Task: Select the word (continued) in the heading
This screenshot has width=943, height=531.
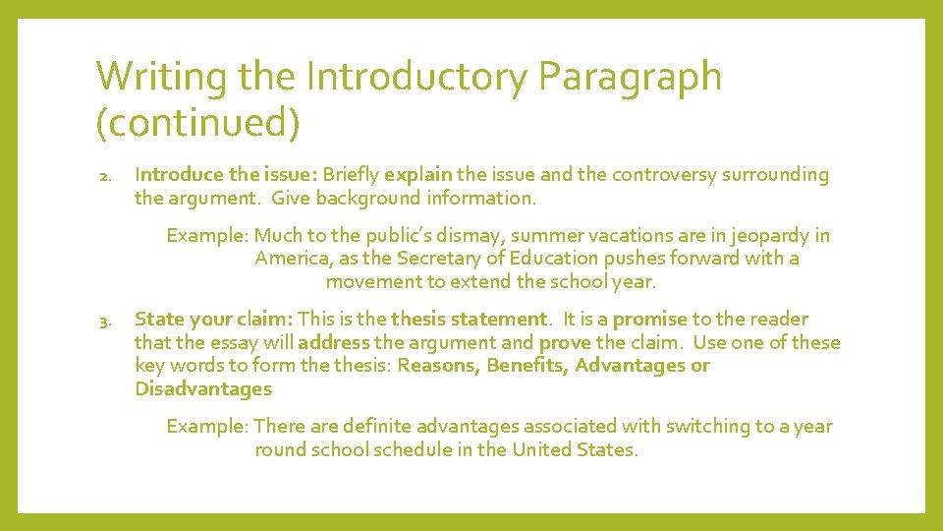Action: (197, 123)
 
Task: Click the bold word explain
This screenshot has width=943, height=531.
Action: (418, 175)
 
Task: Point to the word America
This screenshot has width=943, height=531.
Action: (291, 259)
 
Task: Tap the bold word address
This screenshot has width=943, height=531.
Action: (333, 343)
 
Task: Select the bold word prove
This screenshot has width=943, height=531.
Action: (565, 343)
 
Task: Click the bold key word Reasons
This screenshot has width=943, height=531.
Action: (438, 366)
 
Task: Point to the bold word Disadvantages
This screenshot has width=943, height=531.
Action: (203, 389)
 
